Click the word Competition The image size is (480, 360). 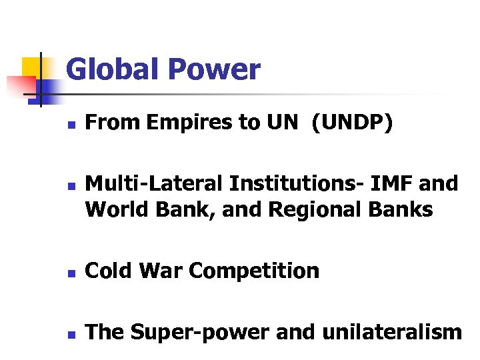pyautogui.click(x=254, y=271)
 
